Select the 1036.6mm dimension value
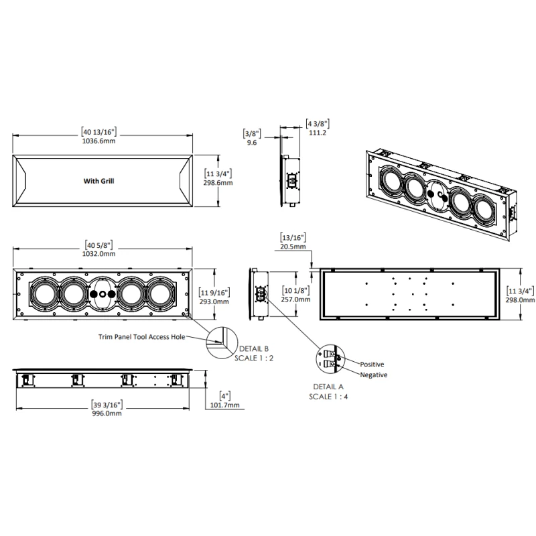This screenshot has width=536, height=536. click(x=102, y=142)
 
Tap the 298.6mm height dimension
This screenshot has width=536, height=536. click(x=218, y=183)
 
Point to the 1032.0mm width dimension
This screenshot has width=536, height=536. click(x=100, y=255)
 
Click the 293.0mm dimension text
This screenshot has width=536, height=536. click(x=215, y=301)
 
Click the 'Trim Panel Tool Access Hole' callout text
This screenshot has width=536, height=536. click(x=138, y=337)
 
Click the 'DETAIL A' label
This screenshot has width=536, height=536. click(x=328, y=387)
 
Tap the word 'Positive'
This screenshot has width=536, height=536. click(x=372, y=364)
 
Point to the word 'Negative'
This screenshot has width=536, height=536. click(x=373, y=375)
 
